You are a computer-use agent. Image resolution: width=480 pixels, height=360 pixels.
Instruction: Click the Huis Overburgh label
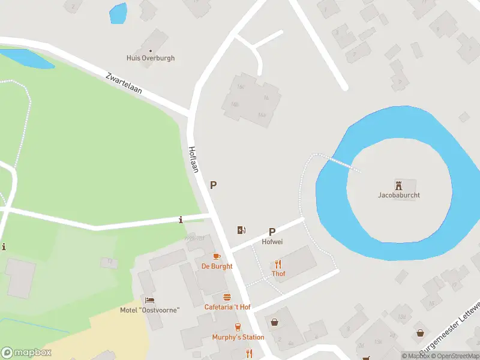151,58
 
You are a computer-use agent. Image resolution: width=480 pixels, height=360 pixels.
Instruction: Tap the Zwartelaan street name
124,83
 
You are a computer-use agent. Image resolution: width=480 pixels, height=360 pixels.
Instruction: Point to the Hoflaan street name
193,160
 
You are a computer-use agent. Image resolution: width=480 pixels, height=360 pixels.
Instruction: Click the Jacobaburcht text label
398,195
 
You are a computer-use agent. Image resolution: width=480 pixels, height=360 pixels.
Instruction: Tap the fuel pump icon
241,230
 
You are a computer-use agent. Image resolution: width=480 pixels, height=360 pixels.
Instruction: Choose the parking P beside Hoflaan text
213,186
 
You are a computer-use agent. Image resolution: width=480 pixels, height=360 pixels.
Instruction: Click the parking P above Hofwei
272,232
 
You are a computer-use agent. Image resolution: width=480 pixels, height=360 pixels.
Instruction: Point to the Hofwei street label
272,242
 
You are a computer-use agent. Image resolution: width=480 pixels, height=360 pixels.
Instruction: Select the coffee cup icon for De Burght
217,256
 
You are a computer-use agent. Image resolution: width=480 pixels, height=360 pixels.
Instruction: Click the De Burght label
217,266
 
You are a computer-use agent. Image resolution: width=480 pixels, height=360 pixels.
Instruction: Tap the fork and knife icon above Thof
278,263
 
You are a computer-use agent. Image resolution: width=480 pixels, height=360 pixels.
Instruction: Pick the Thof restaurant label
278,274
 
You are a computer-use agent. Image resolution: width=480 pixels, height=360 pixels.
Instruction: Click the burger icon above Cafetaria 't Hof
227,297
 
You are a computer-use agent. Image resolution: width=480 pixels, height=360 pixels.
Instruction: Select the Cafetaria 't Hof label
227,307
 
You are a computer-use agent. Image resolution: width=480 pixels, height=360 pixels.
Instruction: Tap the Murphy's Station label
238,337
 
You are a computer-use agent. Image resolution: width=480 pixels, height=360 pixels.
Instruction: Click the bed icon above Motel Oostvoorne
149,300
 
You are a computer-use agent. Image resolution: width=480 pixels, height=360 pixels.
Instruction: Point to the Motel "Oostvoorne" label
149,310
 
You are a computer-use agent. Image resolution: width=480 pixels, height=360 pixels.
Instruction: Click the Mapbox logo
26,353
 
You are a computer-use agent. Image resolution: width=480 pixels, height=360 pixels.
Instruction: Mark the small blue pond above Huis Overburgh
118,13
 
